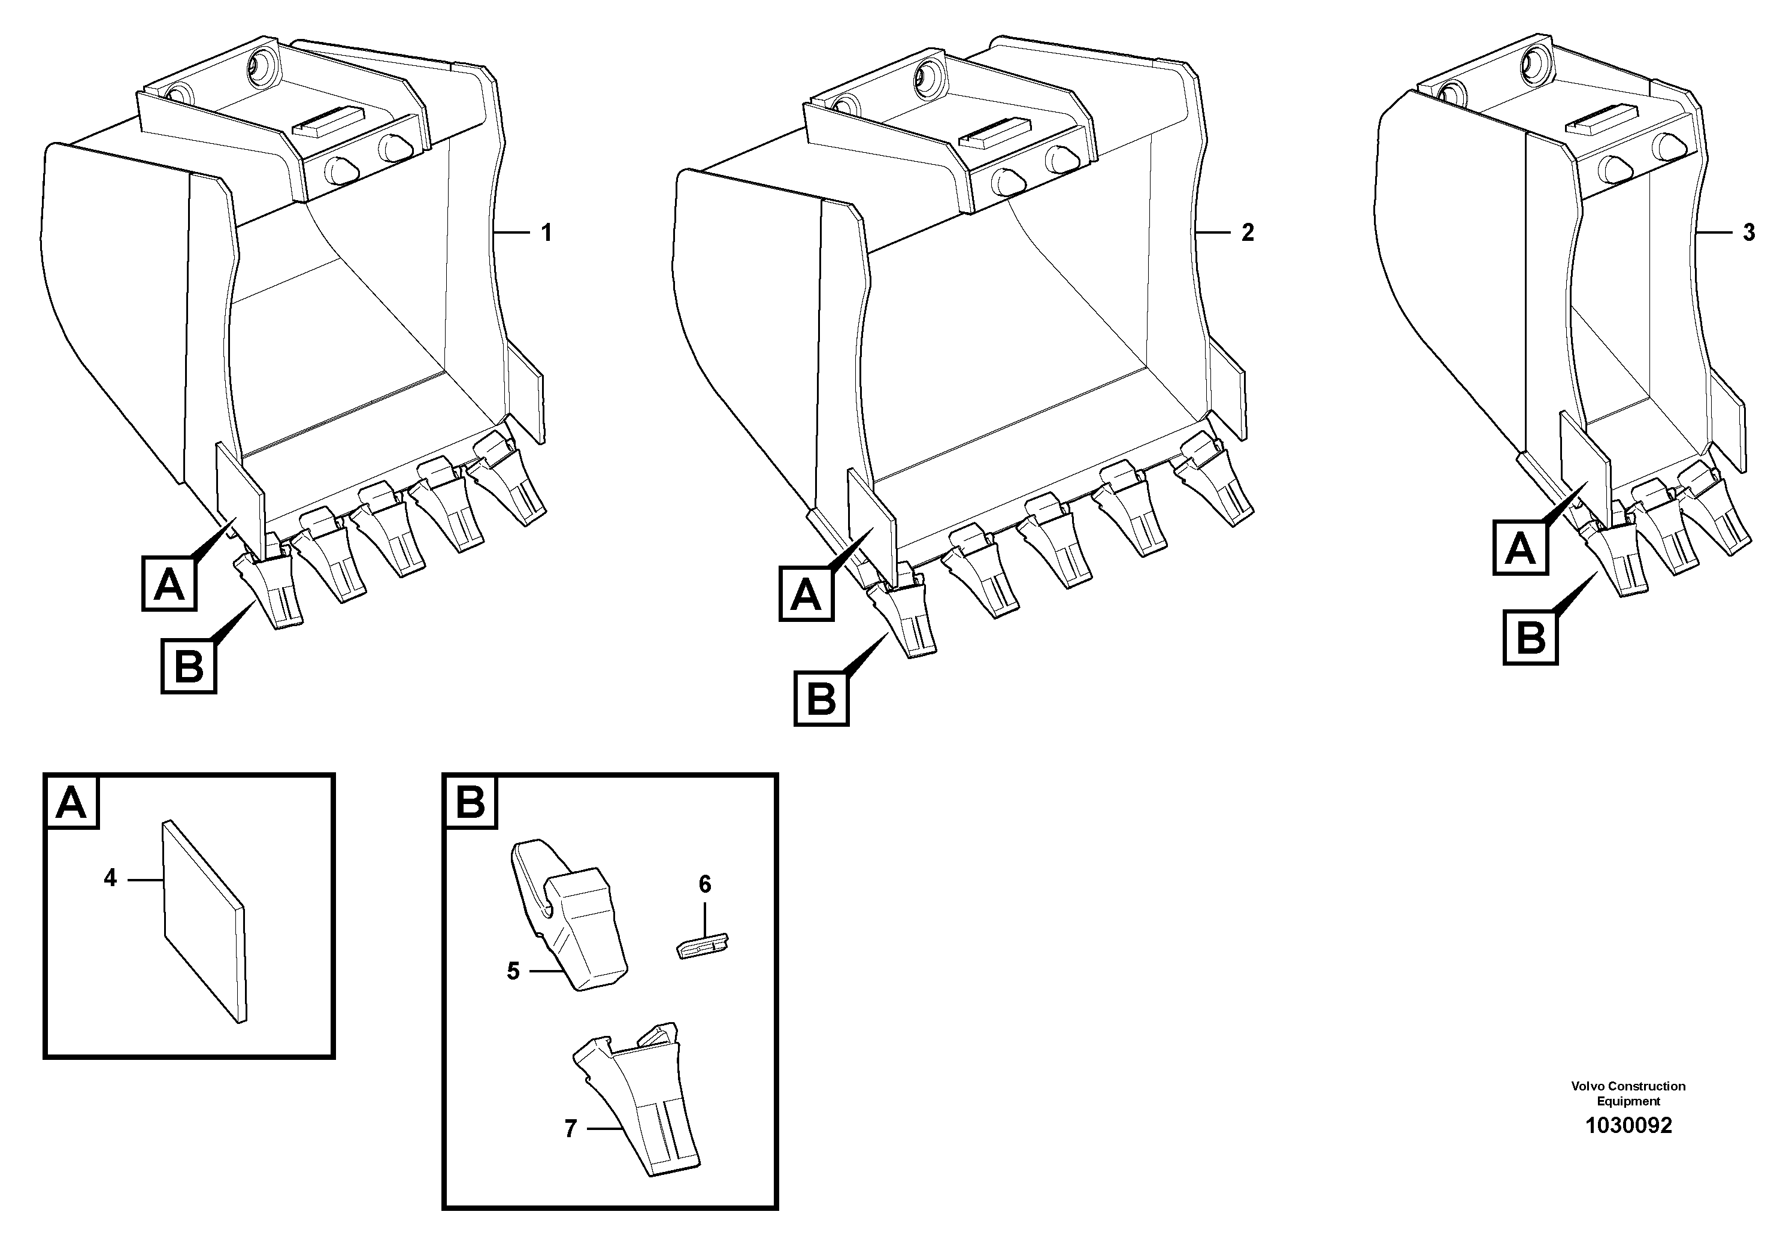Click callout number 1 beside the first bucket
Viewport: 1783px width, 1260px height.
546,232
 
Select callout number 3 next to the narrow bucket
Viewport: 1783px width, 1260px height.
1748,232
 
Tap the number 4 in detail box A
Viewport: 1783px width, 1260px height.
110,878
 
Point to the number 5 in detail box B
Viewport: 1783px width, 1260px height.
513,971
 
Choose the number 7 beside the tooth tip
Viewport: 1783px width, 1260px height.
571,1129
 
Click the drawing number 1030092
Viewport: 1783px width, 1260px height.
1628,1126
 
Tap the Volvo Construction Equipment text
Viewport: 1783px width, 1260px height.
1628,1093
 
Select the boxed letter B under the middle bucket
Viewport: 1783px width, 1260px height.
821,699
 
